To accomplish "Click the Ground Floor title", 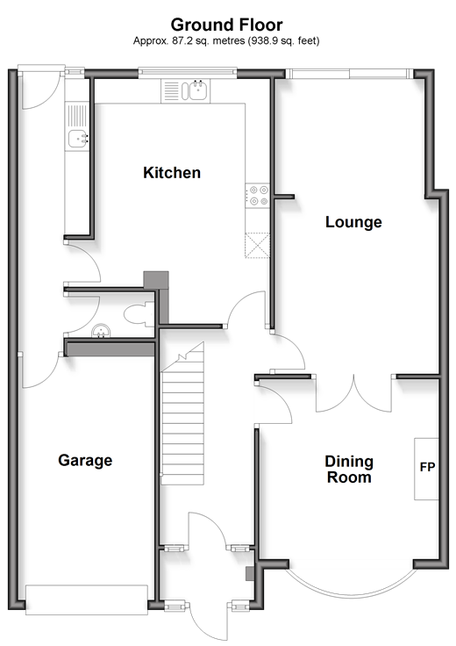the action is (x=226, y=25).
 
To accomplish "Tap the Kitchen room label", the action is (x=172, y=173).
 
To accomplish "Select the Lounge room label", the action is (x=353, y=222).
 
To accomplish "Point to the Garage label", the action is (x=85, y=460).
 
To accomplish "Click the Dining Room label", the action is (x=349, y=470).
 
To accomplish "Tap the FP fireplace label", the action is (x=427, y=467).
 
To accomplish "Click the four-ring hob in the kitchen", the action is (x=258, y=196).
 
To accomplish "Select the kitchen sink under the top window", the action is (x=185, y=91).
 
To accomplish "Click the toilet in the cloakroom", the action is (x=139, y=314).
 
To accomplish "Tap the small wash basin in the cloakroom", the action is (x=101, y=331).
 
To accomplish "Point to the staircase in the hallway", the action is (x=182, y=414).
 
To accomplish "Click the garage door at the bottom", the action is (x=87, y=599).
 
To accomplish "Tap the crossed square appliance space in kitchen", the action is (x=258, y=246).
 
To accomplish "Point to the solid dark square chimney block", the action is (x=156, y=279).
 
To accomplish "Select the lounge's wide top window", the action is (x=349, y=74).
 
